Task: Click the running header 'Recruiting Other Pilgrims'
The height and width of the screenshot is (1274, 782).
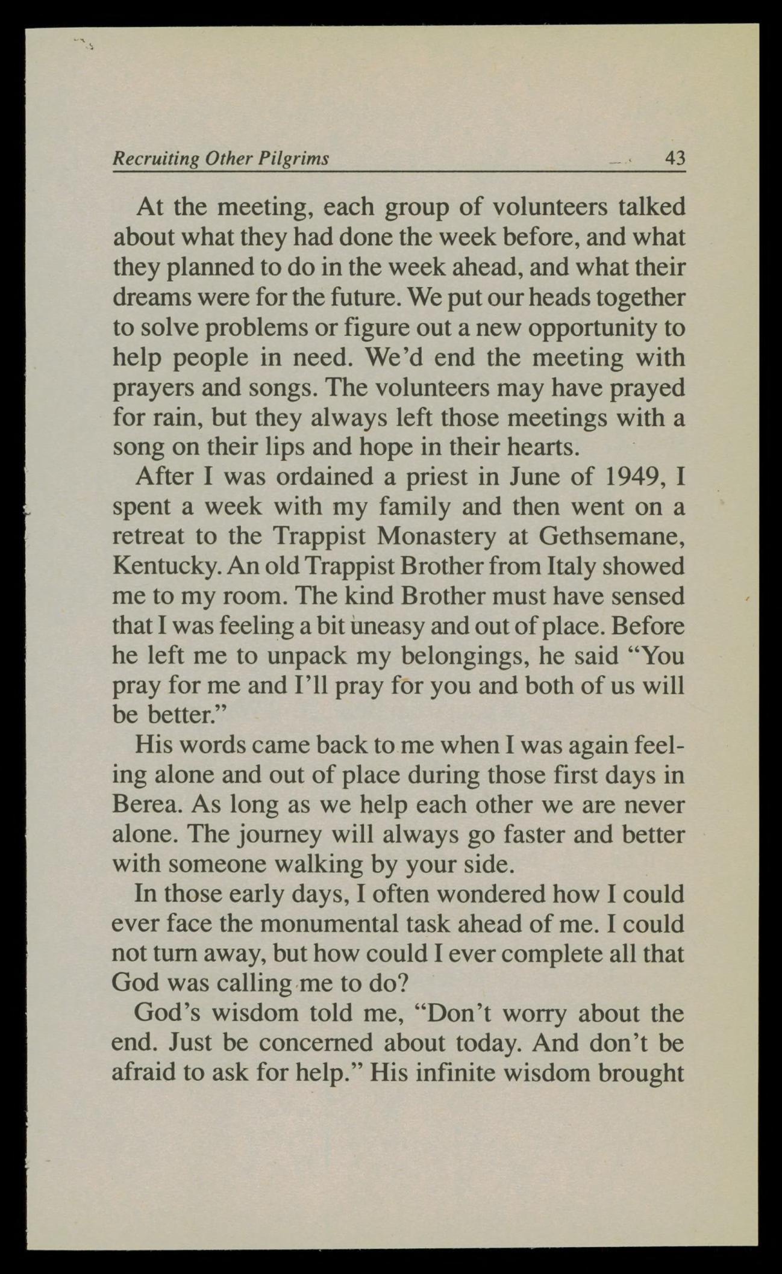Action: [x=221, y=158]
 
